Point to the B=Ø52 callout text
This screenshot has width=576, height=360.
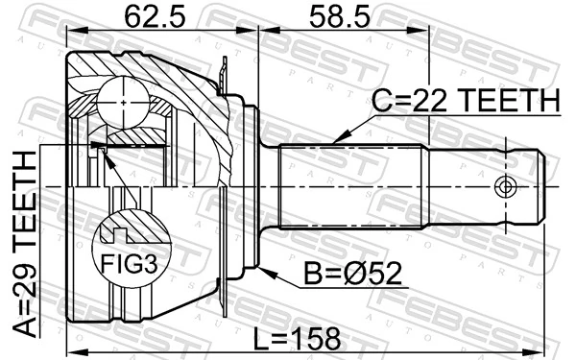pyautogui.click(x=351, y=276)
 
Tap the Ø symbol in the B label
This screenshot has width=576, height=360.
pyautogui.click(x=368, y=276)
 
